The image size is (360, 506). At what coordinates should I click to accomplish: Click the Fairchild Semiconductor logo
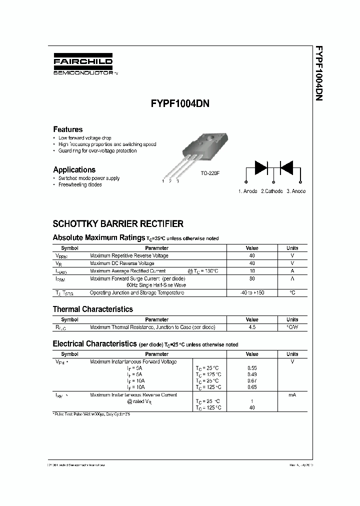[x=83, y=64]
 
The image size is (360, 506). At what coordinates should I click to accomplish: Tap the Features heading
[x=68, y=129]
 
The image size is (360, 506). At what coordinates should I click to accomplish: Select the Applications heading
[x=74, y=169]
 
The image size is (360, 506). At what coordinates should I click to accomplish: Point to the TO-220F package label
[x=210, y=173]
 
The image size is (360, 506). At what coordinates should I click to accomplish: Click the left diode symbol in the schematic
[x=261, y=167]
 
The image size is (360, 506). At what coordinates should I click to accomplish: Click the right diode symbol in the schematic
[x=286, y=167]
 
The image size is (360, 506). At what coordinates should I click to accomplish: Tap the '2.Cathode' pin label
[x=271, y=191]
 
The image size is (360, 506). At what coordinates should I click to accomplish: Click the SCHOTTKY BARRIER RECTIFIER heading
[x=118, y=224]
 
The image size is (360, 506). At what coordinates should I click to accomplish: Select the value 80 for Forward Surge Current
[x=252, y=278]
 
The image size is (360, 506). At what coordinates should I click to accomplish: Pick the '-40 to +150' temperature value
[x=252, y=292]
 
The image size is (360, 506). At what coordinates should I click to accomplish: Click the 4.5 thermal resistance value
[x=252, y=327]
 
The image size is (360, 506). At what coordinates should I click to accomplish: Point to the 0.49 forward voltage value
[x=252, y=374]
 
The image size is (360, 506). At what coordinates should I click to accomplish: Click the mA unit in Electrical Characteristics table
[x=292, y=395]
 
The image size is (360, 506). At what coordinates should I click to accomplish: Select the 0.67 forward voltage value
[x=252, y=380]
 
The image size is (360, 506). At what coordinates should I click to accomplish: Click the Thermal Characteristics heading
[x=93, y=309]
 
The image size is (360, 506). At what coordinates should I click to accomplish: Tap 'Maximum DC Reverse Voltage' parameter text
[x=122, y=263]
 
